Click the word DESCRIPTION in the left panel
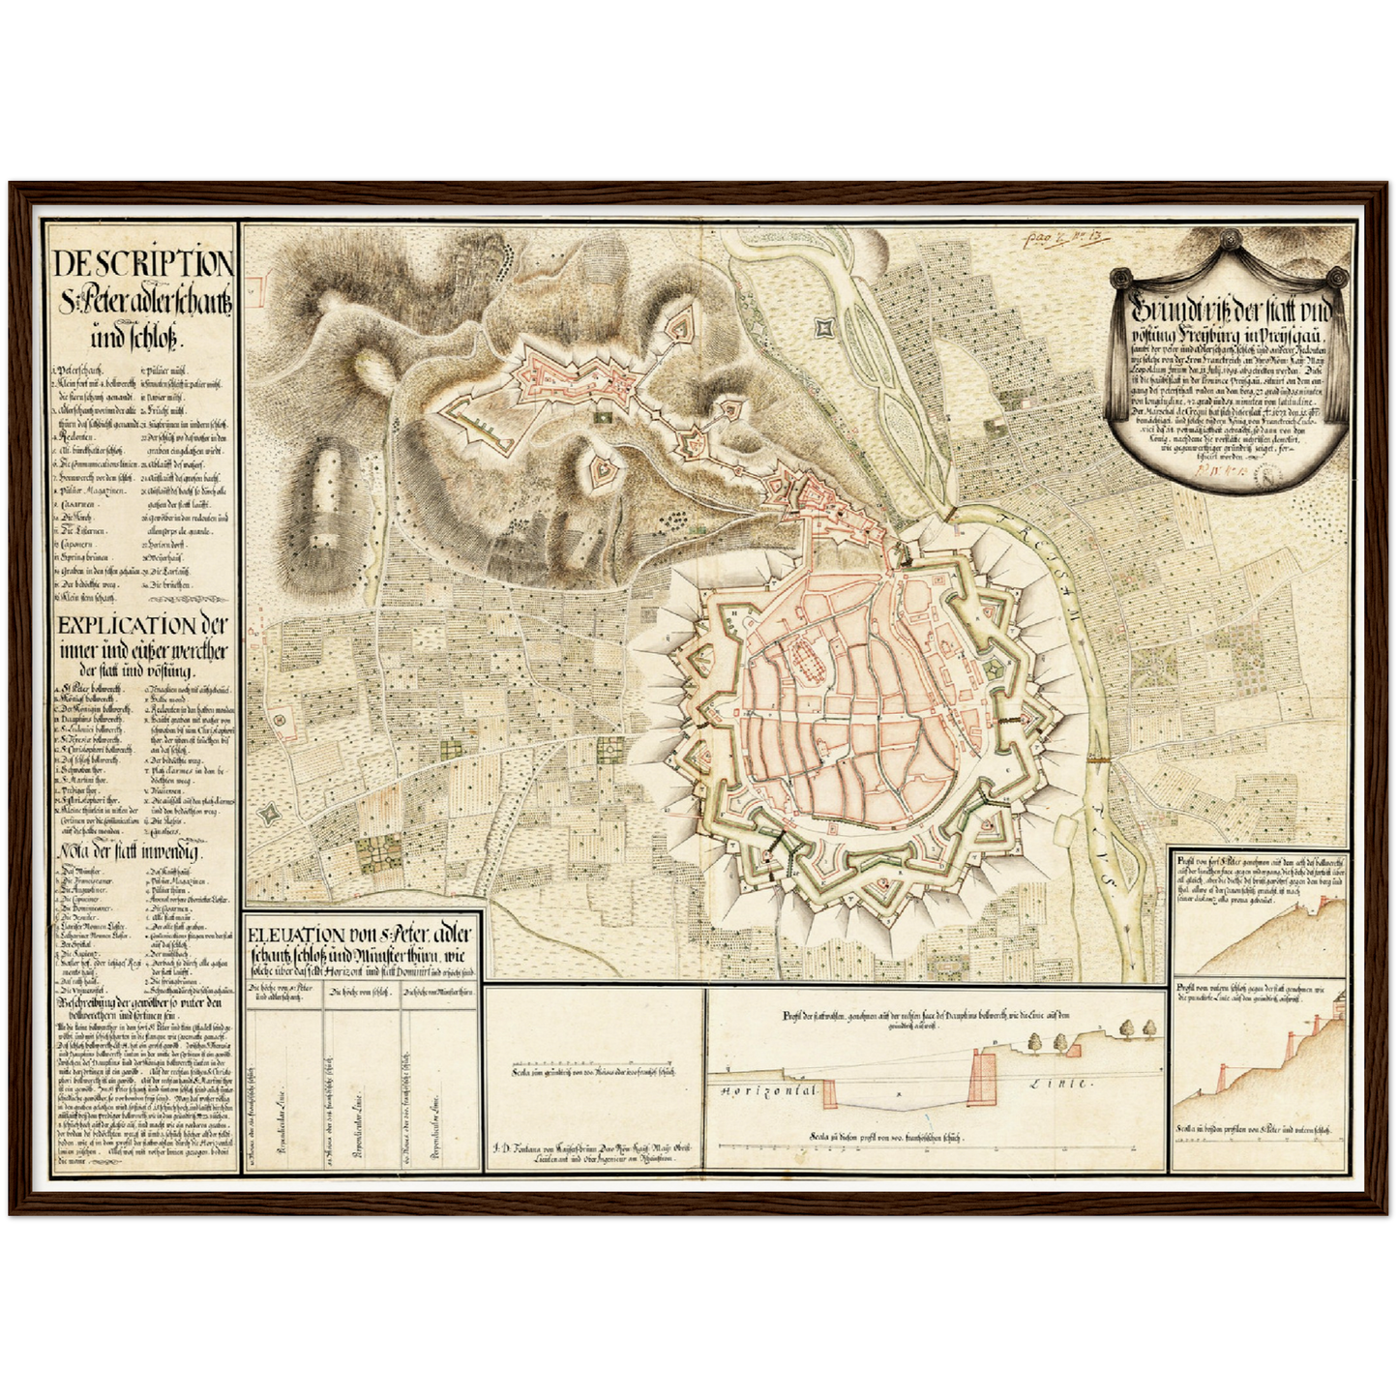coord(142,263)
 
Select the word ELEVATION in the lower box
coord(294,935)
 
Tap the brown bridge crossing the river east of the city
coord(1098,759)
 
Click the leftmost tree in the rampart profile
coord(1034,1038)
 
